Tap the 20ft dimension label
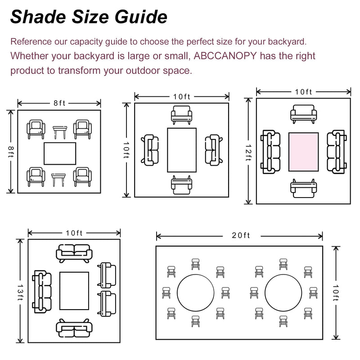pyautogui.click(x=241, y=236)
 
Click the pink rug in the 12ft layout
pyautogui.click(x=303, y=152)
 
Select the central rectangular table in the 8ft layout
pyautogui.click(x=60, y=153)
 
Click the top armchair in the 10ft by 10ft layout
pyautogui.click(x=181, y=114)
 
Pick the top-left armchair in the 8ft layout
pyautogui.click(x=36, y=129)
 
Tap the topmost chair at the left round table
pyautogui.click(x=195, y=264)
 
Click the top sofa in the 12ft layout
pyautogui.click(x=304, y=113)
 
